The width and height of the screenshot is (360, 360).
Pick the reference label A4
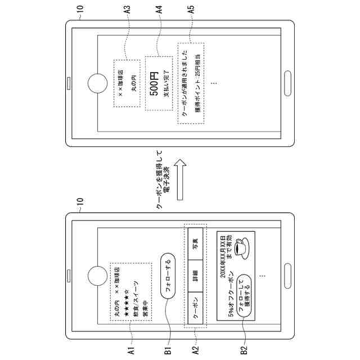tap(160, 10)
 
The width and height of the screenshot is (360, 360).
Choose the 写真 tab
tap(195, 244)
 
